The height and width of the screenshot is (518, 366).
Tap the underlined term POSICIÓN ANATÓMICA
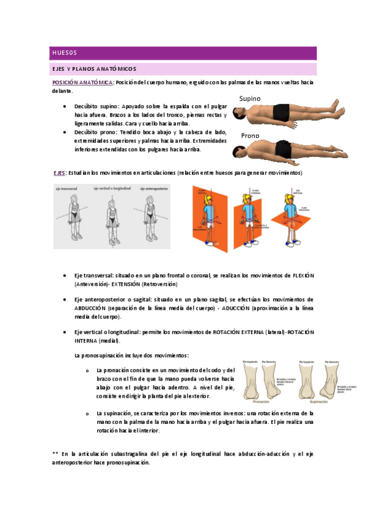pyautogui.click(x=82, y=82)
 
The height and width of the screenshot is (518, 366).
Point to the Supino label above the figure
pyautogui.click(x=250, y=98)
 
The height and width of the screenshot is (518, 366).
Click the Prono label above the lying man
pyautogui.click(x=251, y=136)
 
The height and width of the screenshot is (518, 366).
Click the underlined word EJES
pyautogui.click(x=59, y=173)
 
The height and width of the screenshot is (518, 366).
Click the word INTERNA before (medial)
pyautogui.click(x=86, y=340)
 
